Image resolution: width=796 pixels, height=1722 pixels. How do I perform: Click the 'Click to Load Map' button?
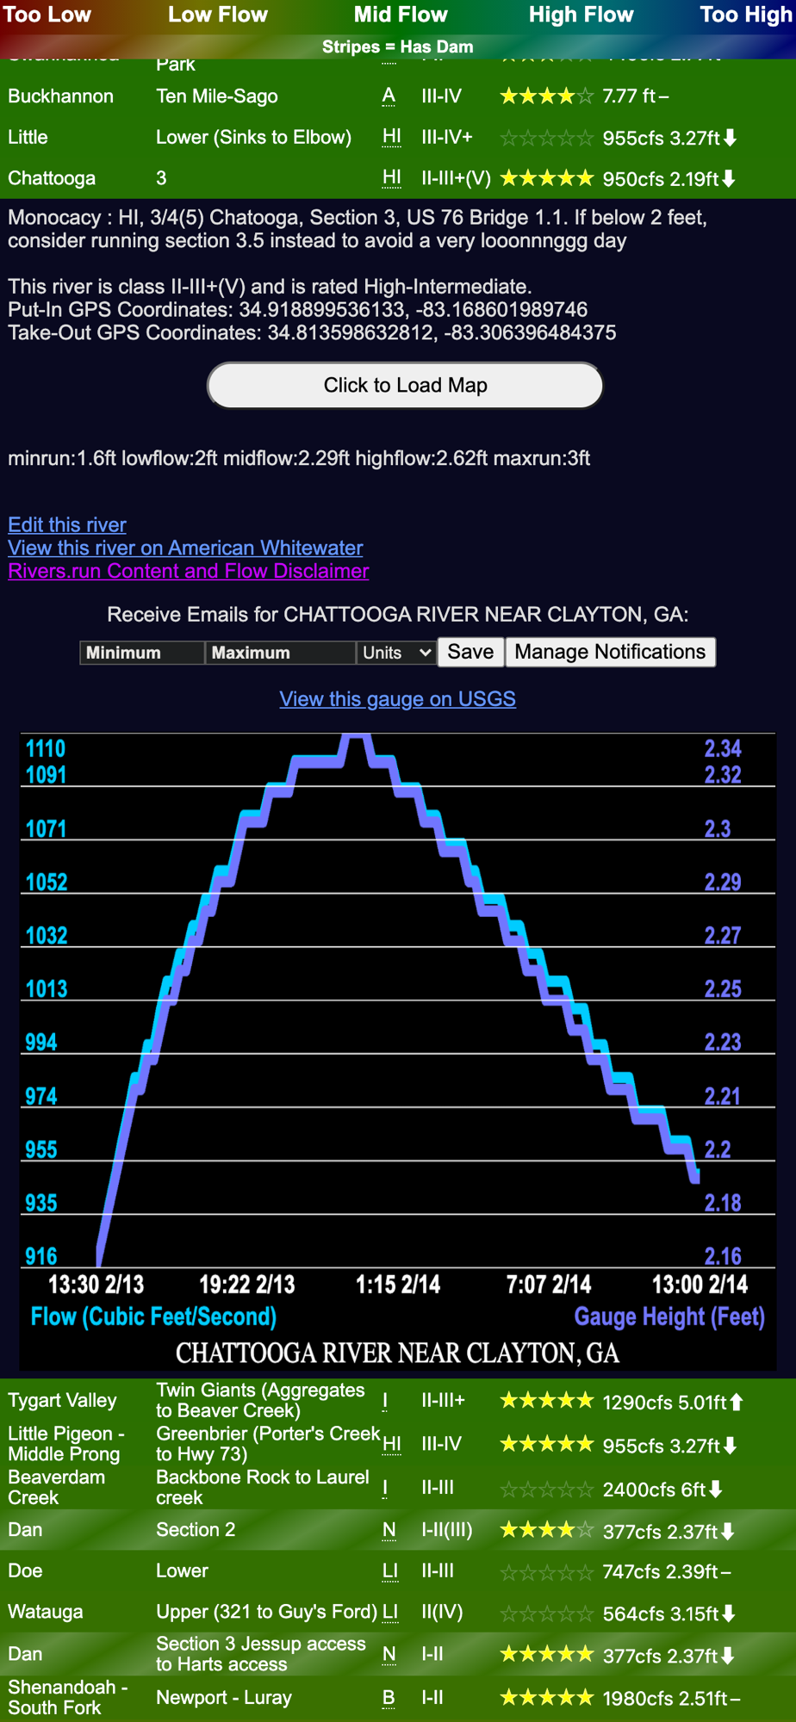pos(405,385)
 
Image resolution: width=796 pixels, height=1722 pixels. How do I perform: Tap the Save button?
pos(470,652)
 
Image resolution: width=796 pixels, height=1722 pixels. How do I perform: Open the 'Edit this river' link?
pos(67,524)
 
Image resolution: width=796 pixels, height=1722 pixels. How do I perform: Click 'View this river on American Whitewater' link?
pos(185,548)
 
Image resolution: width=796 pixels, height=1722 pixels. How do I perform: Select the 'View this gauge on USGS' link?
pos(397,698)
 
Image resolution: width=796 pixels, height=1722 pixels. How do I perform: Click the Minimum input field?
pos(142,653)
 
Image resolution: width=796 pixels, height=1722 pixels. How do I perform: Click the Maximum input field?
pos(280,653)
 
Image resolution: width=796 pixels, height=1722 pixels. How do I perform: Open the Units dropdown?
pos(396,653)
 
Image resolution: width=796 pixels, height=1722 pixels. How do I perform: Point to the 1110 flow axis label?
pos(46,749)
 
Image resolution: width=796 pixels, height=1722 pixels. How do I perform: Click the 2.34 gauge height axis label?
pos(723,749)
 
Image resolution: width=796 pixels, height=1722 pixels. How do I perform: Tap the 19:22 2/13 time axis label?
pos(247,1285)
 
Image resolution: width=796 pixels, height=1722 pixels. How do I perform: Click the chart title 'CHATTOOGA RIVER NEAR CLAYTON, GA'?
pos(397,1353)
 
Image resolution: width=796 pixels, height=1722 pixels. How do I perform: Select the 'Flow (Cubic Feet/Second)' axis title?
pos(153,1316)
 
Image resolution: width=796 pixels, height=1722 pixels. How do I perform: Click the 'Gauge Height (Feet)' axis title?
pos(669,1316)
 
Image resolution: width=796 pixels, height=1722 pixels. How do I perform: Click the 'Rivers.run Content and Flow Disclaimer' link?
pos(189,571)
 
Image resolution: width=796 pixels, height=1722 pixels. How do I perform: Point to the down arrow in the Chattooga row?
pos(729,178)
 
